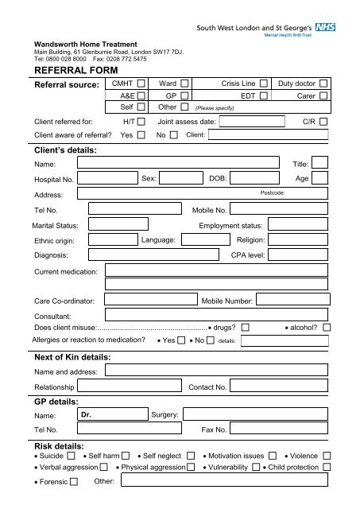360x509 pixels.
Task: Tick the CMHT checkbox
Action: tap(141, 83)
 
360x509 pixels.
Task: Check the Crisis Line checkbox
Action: tap(264, 83)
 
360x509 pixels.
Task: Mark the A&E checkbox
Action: tap(141, 95)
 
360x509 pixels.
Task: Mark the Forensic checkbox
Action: tap(75, 482)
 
